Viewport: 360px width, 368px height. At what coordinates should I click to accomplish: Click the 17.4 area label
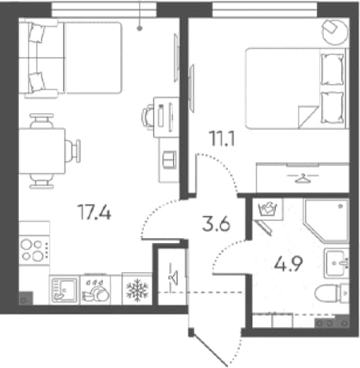[94, 212]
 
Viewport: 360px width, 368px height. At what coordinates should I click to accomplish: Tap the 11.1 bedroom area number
[222, 139]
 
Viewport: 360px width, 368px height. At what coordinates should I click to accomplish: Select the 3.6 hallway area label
[216, 224]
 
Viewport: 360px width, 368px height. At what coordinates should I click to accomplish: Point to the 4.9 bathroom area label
[288, 263]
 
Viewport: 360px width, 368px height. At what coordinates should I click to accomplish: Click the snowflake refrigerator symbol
[137, 289]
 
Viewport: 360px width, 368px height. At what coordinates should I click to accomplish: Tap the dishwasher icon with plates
[95, 290]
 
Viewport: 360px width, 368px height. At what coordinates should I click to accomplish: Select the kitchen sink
[64, 289]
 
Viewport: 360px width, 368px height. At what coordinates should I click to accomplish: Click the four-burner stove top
[34, 250]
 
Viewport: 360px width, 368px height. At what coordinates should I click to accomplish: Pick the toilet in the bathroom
[332, 293]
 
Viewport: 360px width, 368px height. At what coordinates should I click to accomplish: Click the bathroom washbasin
[337, 263]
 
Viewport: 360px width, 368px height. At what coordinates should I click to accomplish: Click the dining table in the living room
[42, 151]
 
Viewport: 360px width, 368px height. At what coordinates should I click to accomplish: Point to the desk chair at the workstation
[148, 116]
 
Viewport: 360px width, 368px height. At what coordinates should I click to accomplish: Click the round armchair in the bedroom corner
[335, 31]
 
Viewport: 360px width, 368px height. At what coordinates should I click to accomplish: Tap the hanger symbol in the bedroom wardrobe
[303, 178]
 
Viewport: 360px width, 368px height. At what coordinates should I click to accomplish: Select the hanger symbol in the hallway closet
[174, 277]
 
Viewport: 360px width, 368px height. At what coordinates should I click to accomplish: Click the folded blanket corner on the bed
[307, 117]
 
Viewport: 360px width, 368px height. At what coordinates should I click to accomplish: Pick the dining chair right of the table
[73, 151]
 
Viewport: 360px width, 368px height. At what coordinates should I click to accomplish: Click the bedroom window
[264, 10]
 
